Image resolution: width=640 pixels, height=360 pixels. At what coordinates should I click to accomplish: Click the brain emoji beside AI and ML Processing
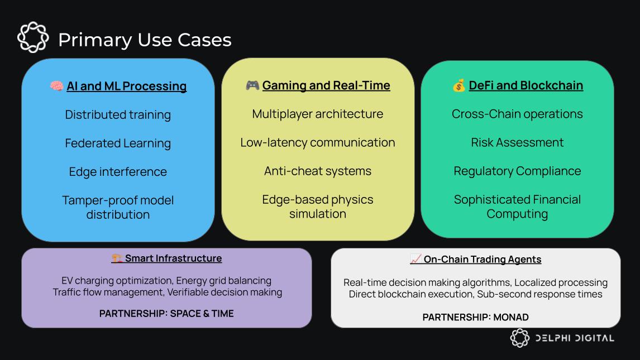point(56,85)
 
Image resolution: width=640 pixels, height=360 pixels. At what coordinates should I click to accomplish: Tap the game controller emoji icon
point(252,85)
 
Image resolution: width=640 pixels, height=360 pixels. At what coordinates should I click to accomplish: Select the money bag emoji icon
point(458,85)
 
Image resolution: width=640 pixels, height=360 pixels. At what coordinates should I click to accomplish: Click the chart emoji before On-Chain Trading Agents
point(415,259)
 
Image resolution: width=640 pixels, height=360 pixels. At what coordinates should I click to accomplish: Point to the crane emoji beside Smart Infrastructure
point(117,258)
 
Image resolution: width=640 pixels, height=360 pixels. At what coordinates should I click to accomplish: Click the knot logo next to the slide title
point(33,37)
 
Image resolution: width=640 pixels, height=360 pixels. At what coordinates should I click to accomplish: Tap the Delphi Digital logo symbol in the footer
point(519,338)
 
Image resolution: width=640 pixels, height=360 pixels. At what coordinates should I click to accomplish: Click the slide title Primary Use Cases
point(145,40)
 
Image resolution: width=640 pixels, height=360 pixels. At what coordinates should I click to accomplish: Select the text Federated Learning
point(118,143)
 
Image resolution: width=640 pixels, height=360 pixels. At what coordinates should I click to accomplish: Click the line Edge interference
point(118,172)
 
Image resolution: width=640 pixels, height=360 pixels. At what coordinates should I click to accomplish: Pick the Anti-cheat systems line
point(318,171)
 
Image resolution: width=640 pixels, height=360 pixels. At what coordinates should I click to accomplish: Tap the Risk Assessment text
point(517,142)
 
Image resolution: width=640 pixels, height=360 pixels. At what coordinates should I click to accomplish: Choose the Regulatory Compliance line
point(517,171)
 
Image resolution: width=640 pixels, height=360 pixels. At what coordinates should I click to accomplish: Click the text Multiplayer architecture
point(318,114)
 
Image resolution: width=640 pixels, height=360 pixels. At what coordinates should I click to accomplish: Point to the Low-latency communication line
point(318,142)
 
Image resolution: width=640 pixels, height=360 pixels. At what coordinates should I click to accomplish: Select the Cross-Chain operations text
point(517,114)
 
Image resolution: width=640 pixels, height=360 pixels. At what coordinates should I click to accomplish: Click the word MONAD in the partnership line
point(511,317)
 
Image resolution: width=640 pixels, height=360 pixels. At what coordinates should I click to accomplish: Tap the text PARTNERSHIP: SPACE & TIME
point(166,314)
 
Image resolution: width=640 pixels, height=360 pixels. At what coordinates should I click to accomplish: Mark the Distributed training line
point(118,114)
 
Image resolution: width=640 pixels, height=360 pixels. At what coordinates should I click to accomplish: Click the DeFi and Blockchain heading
point(526,85)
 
